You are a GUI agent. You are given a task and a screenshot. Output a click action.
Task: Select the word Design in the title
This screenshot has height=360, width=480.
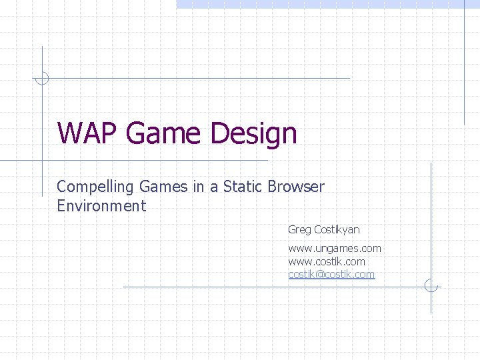[253, 135]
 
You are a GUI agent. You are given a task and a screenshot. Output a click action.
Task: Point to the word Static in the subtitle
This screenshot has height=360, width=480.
[243, 187]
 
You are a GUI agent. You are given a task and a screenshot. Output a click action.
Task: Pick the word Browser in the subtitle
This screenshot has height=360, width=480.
[296, 187]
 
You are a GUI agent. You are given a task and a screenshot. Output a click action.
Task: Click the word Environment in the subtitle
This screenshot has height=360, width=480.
[101, 206]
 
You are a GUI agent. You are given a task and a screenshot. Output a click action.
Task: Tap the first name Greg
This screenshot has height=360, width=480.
[299, 230]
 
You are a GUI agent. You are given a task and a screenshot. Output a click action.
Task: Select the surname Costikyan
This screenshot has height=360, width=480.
[337, 229]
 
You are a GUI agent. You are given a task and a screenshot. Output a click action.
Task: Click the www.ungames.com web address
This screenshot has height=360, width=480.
[335, 249]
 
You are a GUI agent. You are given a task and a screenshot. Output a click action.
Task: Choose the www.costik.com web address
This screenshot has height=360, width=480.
[327, 261]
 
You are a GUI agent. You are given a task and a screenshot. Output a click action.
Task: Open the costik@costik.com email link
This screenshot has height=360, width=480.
[331, 274]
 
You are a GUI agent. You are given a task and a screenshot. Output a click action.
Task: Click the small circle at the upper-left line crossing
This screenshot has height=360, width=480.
[42, 78]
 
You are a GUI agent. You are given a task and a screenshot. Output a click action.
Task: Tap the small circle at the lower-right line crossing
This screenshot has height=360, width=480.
[431, 287]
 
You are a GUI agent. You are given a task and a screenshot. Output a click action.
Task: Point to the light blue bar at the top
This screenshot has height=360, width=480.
[327, 3]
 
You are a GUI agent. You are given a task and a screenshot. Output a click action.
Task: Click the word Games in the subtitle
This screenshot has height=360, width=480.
[171, 187]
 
